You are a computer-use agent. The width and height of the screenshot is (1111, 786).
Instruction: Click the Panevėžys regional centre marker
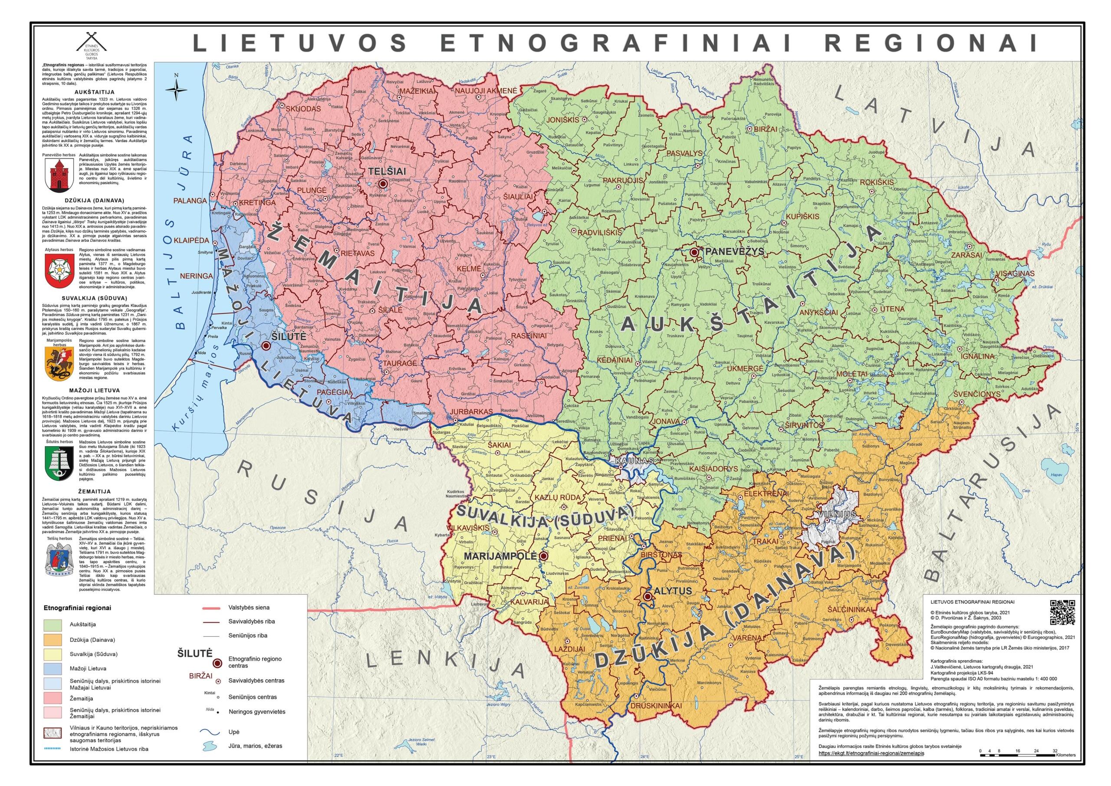tap(694, 252)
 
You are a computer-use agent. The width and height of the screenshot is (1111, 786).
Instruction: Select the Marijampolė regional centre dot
tap(543, 556)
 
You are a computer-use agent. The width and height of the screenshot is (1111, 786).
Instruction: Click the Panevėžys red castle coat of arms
tap(59, 176)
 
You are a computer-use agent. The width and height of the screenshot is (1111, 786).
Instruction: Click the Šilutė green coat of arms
tap(59, 463)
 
